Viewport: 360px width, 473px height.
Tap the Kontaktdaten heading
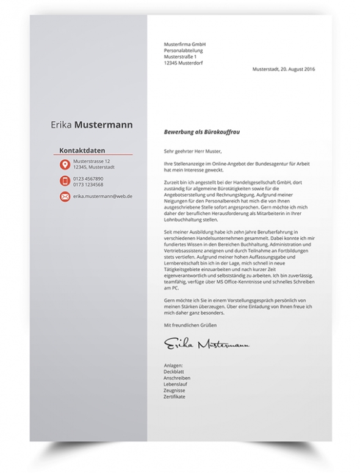pos(83,150)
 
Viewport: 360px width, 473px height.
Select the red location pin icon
pos(65,165)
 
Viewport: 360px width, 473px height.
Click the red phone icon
pos(65,181)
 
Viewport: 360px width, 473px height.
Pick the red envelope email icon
pos(65,197)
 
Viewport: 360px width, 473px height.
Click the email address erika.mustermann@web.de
pos(103,197)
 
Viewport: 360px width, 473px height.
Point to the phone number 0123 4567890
pos(88,179)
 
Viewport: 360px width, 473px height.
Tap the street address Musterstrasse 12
pos(92,162)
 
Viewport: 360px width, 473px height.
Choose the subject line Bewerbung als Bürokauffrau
pos(198,131)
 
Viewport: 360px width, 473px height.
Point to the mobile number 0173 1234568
pos(88,184)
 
